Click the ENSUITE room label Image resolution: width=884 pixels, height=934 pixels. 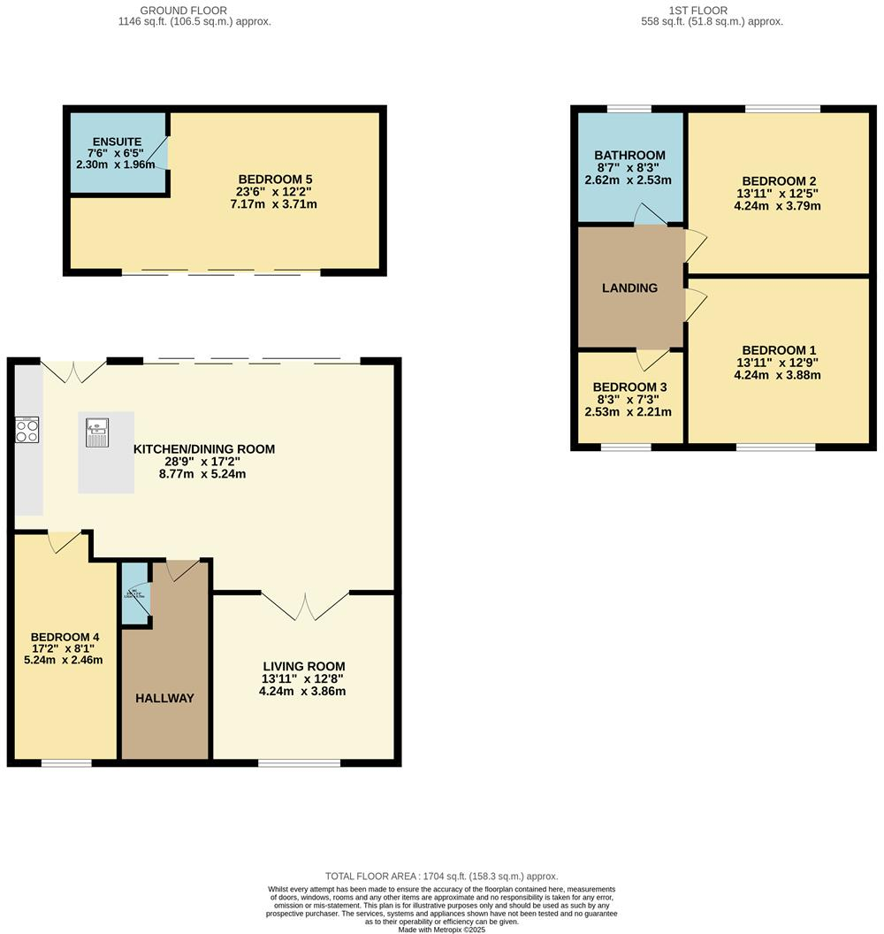[x=115, y=142]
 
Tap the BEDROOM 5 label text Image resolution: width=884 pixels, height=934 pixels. [x=263, y=179]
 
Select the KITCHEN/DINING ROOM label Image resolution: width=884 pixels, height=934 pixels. [x=203, y=449]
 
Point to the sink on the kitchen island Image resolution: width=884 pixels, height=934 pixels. [x=96, y=433]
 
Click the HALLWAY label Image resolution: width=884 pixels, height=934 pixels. [x=164, y=698]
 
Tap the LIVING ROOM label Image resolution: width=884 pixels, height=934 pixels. [x=303, y=666]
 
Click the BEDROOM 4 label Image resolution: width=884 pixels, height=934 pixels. [x=65, y=637]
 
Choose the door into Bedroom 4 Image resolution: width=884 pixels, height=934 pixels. [x=65, y=541]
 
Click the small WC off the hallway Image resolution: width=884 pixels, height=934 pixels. [x=136, y=593]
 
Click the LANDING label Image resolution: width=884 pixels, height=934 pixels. [x=629, y=287]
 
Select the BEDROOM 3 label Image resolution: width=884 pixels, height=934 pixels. [x=629, y=387]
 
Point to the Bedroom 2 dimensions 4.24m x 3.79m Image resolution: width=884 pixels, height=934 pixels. [x=777, y=207]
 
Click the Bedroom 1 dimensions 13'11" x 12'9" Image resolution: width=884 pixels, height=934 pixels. [x=777, y=362]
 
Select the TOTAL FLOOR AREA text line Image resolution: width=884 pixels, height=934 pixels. [x=441, y=876]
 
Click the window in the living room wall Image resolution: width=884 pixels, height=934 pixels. [x=299, y=762]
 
